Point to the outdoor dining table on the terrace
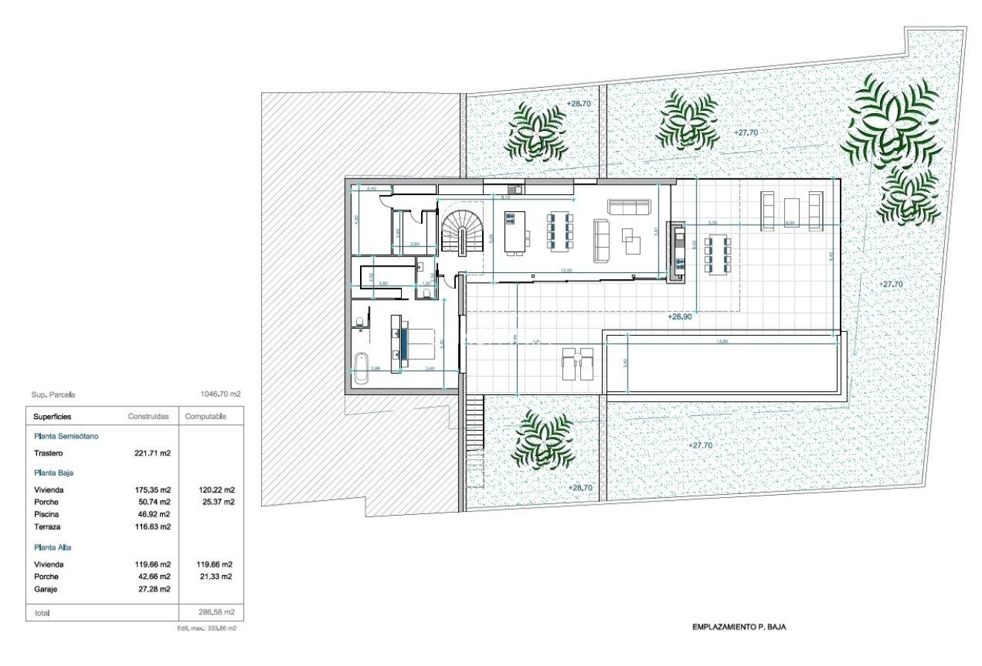coord(718,254)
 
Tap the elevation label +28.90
coord(679,316)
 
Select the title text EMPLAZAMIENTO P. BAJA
coord(738,627)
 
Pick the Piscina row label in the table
coord(46,514)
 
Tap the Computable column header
coord(205,417)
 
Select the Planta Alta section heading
coord(53,547)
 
